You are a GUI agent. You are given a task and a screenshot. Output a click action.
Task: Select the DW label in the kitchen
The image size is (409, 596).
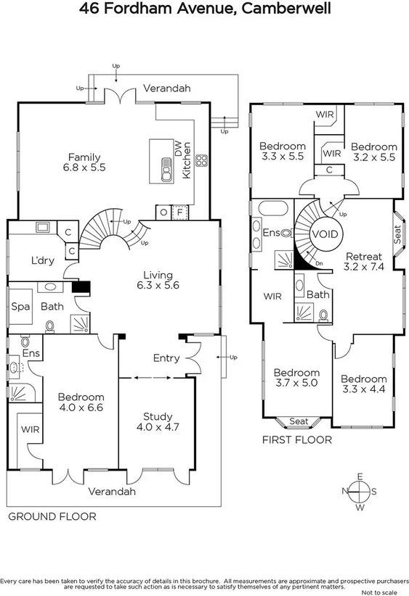(177, 147)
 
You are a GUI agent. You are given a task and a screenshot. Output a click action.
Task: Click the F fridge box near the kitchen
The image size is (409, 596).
(179, 212)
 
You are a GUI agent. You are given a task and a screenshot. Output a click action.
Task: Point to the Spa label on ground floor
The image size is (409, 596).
(20, 307)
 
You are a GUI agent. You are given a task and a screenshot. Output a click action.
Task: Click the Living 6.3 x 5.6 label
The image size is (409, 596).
(157, 281)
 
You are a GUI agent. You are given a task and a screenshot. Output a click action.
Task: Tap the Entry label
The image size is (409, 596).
(166, 358)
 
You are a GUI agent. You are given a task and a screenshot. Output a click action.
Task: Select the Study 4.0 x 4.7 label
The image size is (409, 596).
(157, 422)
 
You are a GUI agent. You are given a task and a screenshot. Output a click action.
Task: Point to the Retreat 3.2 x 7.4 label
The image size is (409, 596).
(363, 262)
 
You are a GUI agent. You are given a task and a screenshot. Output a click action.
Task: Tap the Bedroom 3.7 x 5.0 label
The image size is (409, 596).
(296, 378)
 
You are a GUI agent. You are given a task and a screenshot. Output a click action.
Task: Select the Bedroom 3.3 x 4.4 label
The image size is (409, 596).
(363, 384)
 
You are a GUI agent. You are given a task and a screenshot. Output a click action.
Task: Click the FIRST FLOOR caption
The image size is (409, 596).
(296, 439)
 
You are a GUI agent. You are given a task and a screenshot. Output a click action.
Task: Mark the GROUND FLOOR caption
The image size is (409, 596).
(52, 516)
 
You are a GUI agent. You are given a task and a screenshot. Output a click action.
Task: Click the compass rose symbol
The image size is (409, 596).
(359, 491)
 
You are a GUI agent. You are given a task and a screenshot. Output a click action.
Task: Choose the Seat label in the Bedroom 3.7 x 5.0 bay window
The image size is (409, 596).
(298, 421)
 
